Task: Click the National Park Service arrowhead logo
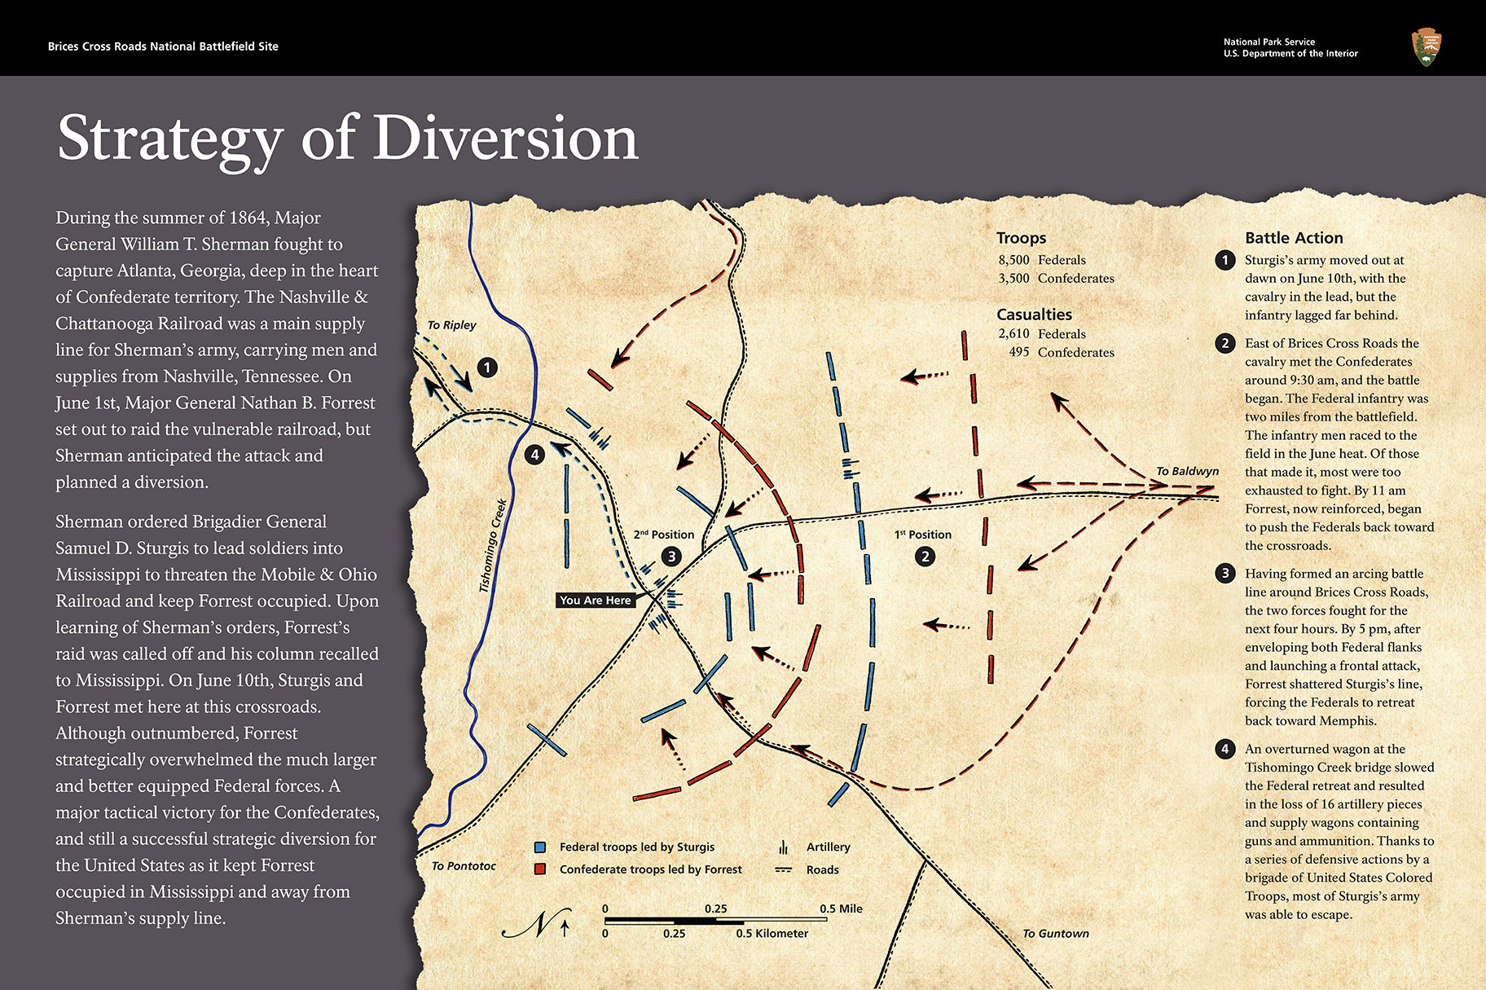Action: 1426,47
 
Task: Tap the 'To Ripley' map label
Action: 451,325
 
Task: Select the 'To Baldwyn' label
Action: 1187,471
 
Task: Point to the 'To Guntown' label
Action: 1055,934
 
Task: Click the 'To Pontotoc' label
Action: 463,866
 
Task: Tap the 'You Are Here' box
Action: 595,601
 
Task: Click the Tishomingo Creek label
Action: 492,546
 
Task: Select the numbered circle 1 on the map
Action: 487,367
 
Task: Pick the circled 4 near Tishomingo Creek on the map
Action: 534,455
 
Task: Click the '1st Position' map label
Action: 922,535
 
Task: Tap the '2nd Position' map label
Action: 663,535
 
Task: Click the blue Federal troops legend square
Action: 539,847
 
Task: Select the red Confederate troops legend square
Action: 539,869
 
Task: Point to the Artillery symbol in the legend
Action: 784,847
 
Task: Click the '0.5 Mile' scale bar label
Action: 841,909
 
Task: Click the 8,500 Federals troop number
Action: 1014,260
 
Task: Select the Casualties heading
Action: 1034,315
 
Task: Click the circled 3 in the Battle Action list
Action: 1224,574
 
